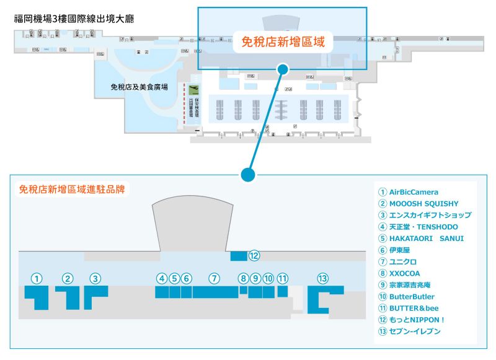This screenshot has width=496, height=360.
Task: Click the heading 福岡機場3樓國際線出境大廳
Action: point(74,19)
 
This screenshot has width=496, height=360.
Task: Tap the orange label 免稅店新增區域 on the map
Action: point(283,43)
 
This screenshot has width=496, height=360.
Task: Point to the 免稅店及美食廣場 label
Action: point(139,87)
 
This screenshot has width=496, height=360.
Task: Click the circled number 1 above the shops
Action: point(38,279)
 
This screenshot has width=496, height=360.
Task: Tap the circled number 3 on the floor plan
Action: point(95,279)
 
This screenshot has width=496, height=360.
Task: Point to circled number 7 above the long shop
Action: point(215,279)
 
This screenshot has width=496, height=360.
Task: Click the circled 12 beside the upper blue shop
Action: point(253,255)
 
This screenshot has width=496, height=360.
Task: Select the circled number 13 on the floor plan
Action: point(322,279)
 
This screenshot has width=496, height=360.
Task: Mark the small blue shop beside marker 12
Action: point(238,255)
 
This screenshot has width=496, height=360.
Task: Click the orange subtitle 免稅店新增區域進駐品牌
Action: point(72,190)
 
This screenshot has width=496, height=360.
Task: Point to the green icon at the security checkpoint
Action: point(193,90)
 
